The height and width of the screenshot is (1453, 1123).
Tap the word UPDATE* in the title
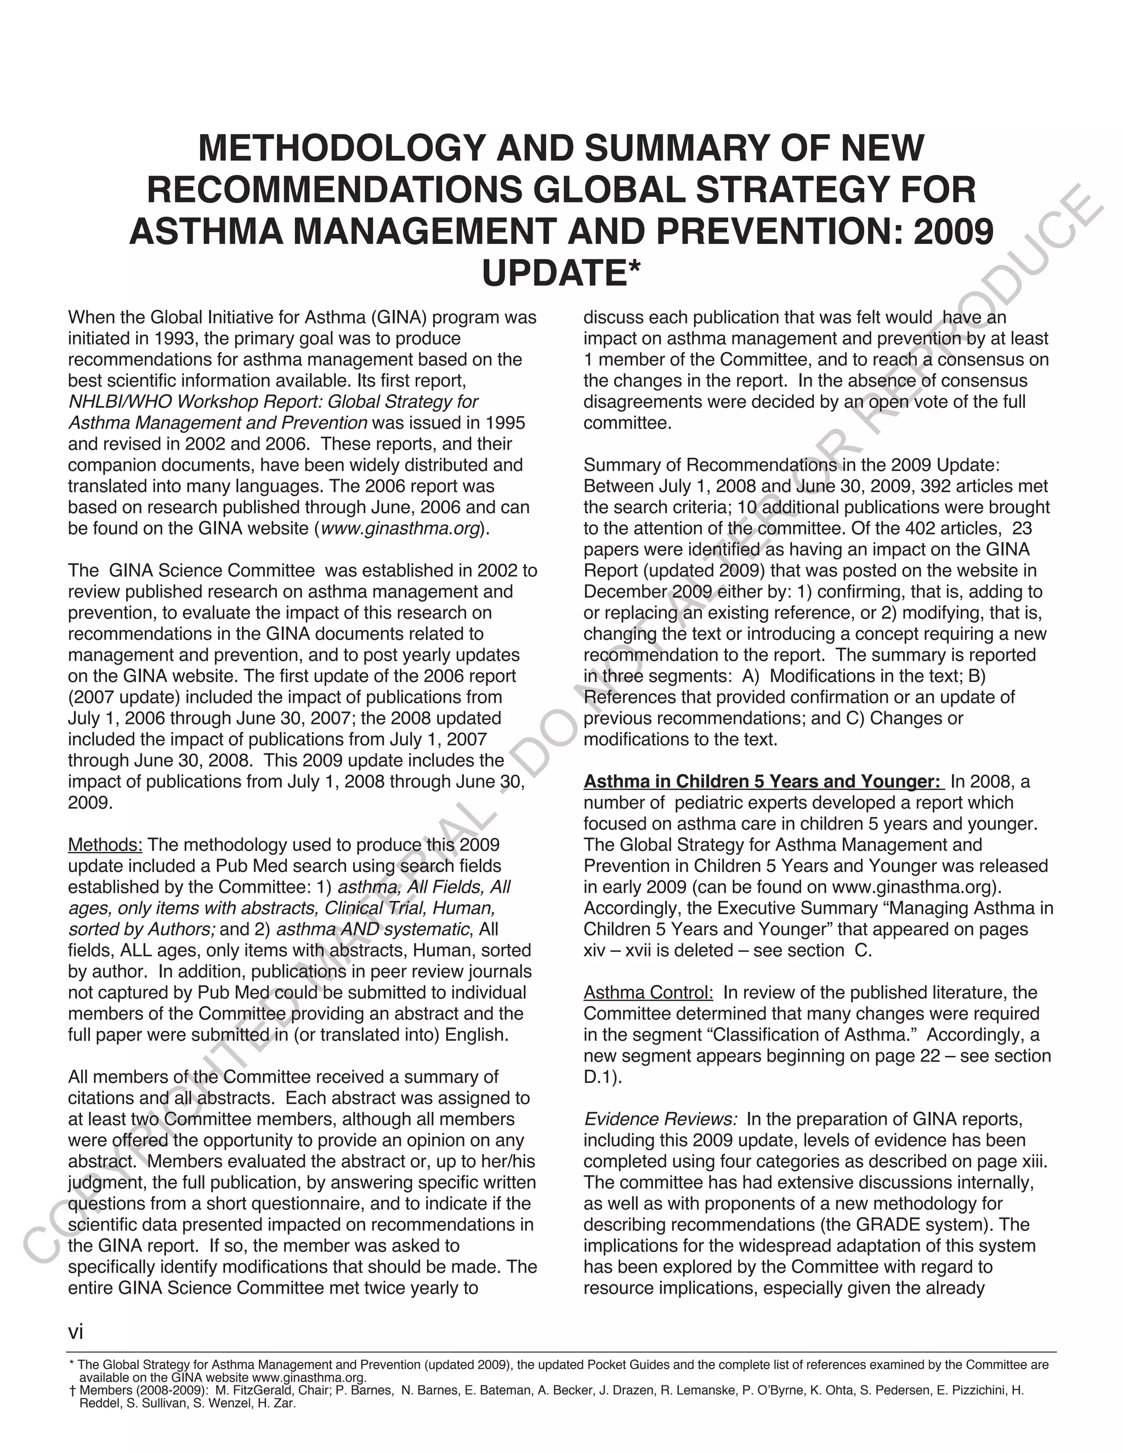coord(561,274)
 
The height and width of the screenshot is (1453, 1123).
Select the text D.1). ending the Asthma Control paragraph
coord(602,1077)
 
